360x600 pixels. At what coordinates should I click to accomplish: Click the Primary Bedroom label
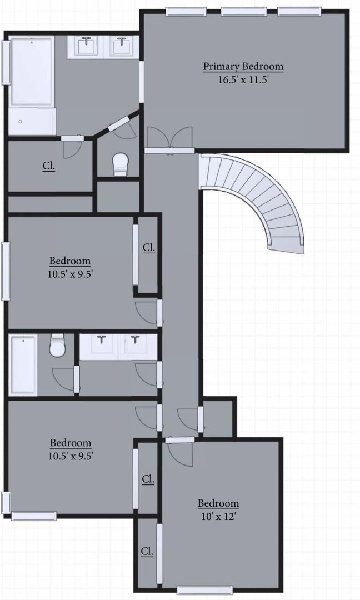[x=243, y=67]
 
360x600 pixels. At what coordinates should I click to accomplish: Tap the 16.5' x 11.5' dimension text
[x=243, y=79]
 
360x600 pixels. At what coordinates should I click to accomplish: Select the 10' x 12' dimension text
[x=218, y=516]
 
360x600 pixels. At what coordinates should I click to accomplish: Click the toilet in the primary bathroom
[x=120, y=164]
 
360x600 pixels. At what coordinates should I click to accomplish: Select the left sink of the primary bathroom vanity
[x=87, y=46]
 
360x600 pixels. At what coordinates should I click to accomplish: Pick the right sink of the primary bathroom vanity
[x=121, y=46]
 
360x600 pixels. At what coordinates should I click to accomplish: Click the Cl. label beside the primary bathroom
[x=49, y=166]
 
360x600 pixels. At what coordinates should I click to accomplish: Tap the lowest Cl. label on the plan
[x=147, y=552]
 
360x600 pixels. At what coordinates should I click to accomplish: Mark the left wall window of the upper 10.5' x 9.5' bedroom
[x=6, y=271]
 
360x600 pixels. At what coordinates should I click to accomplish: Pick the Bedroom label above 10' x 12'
[x=218, y=504]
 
